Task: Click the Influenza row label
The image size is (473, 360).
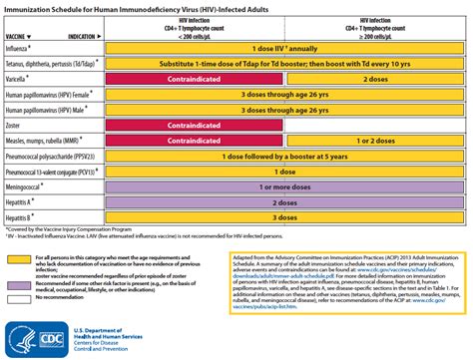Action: tap(21, 47)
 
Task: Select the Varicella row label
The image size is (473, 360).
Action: tap(20, 76)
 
